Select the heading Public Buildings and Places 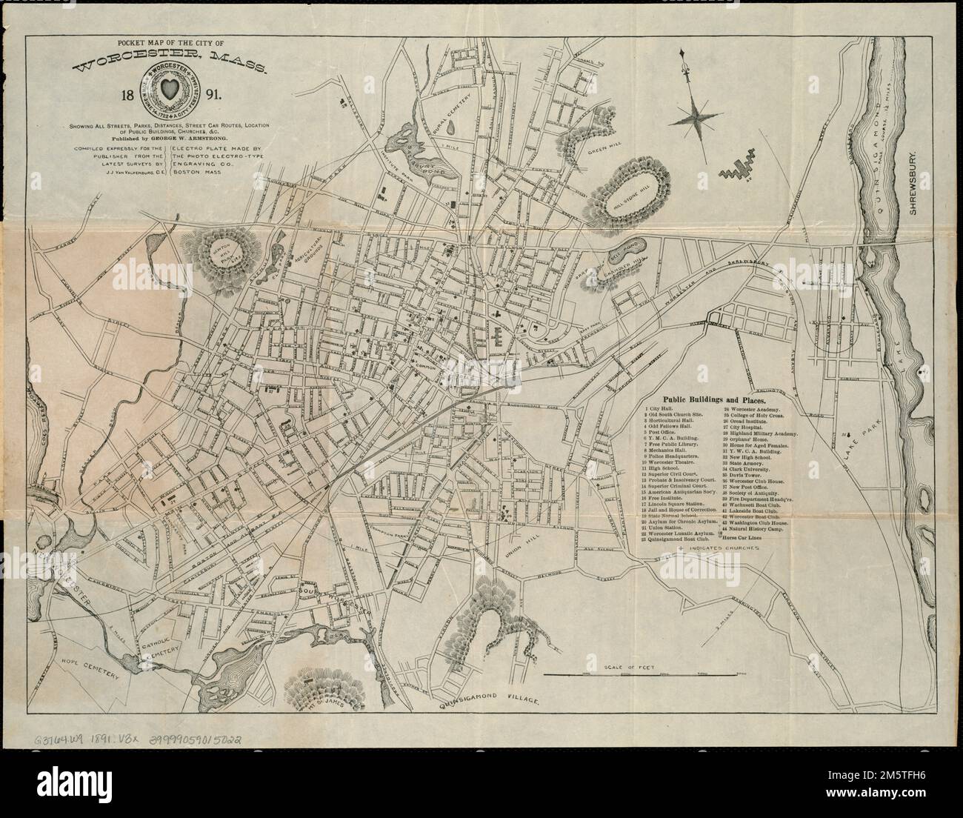click(x=718, y=398)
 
